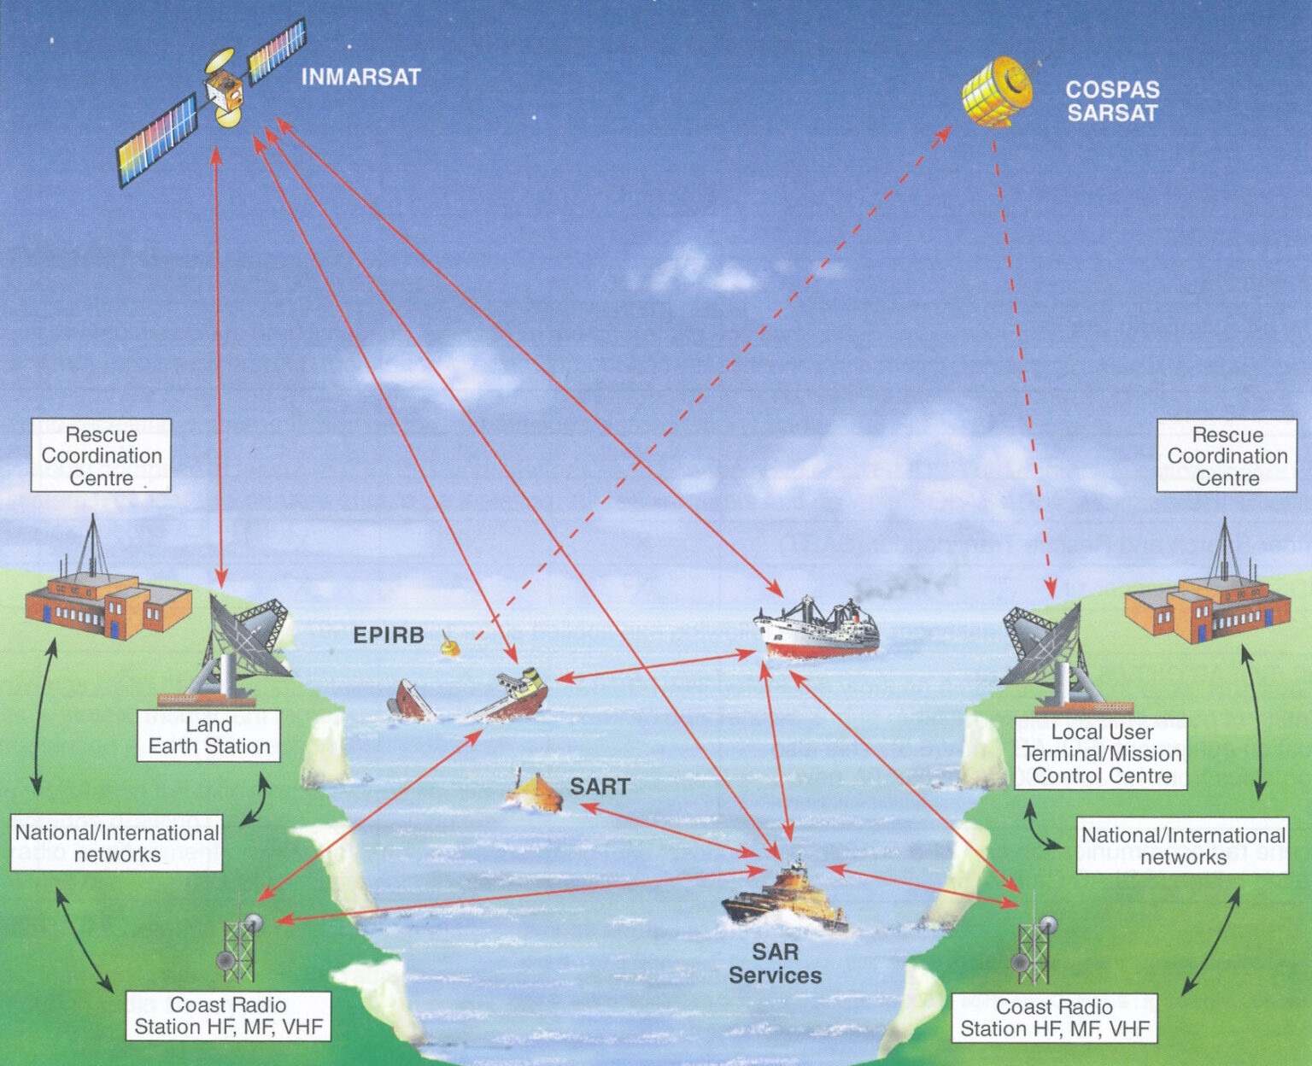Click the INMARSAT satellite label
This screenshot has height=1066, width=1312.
point(360,77)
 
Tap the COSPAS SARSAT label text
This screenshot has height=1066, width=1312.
point(1111,101)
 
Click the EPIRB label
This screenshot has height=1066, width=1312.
point(389,635)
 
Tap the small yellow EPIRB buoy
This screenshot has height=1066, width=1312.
point(450,645)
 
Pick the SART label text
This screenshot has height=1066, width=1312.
point(600,786)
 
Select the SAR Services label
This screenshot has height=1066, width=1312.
point(775,963)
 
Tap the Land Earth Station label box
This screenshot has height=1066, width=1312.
point(209,735)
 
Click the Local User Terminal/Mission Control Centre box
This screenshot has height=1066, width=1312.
point(1101,753)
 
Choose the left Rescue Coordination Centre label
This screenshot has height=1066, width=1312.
point(101,455)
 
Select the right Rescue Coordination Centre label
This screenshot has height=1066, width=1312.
point(1227,456)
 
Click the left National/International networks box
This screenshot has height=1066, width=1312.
point(117,843)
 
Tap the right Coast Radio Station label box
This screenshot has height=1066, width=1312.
point(1054,1017)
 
